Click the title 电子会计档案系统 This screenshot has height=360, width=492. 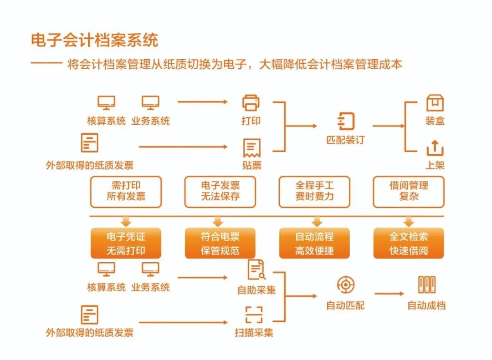[x=94, y=40]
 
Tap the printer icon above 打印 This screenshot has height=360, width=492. [x=251, y=103]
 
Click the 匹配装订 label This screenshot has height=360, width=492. [x=345, y=140]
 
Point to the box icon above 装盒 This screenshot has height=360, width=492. [x=435, y=103]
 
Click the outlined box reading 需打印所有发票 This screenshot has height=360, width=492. [x=126, y=192]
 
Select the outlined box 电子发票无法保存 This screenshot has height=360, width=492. [x=220, y=192]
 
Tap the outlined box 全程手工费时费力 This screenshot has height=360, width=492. [x=314, y=192]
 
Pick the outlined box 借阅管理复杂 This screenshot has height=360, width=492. [x=409, y=192]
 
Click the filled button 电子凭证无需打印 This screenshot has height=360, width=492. [x=126, y=243]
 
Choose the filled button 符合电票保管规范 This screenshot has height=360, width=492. [x=220, y=243]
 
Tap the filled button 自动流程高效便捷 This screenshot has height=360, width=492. [x=314, y=243]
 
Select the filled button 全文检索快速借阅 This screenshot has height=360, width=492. [x=409, y=243]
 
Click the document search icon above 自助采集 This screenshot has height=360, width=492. [x=256, y=269]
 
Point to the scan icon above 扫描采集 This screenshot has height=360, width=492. [x=254, y=314]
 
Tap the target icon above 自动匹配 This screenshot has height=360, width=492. [x=345, y=285]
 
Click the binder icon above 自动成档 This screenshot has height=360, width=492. [x=427, y=285]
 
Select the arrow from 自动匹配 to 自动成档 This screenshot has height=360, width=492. [x=389, y=294]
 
